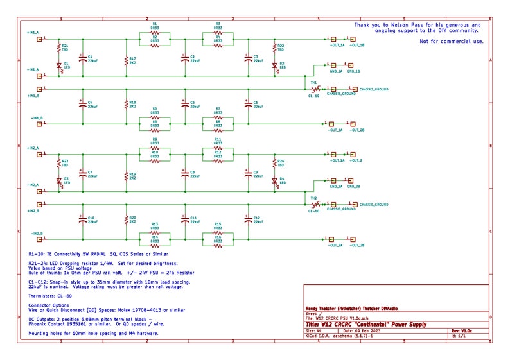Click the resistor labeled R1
point(154,31)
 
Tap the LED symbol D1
point(58,65)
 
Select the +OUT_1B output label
point(357,46)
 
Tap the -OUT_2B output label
point(357,246)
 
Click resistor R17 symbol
point(125,60)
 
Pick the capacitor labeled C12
point(249,219)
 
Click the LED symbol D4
point(275,181)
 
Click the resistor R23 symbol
point(58,162)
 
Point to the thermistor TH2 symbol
point(314,205)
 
